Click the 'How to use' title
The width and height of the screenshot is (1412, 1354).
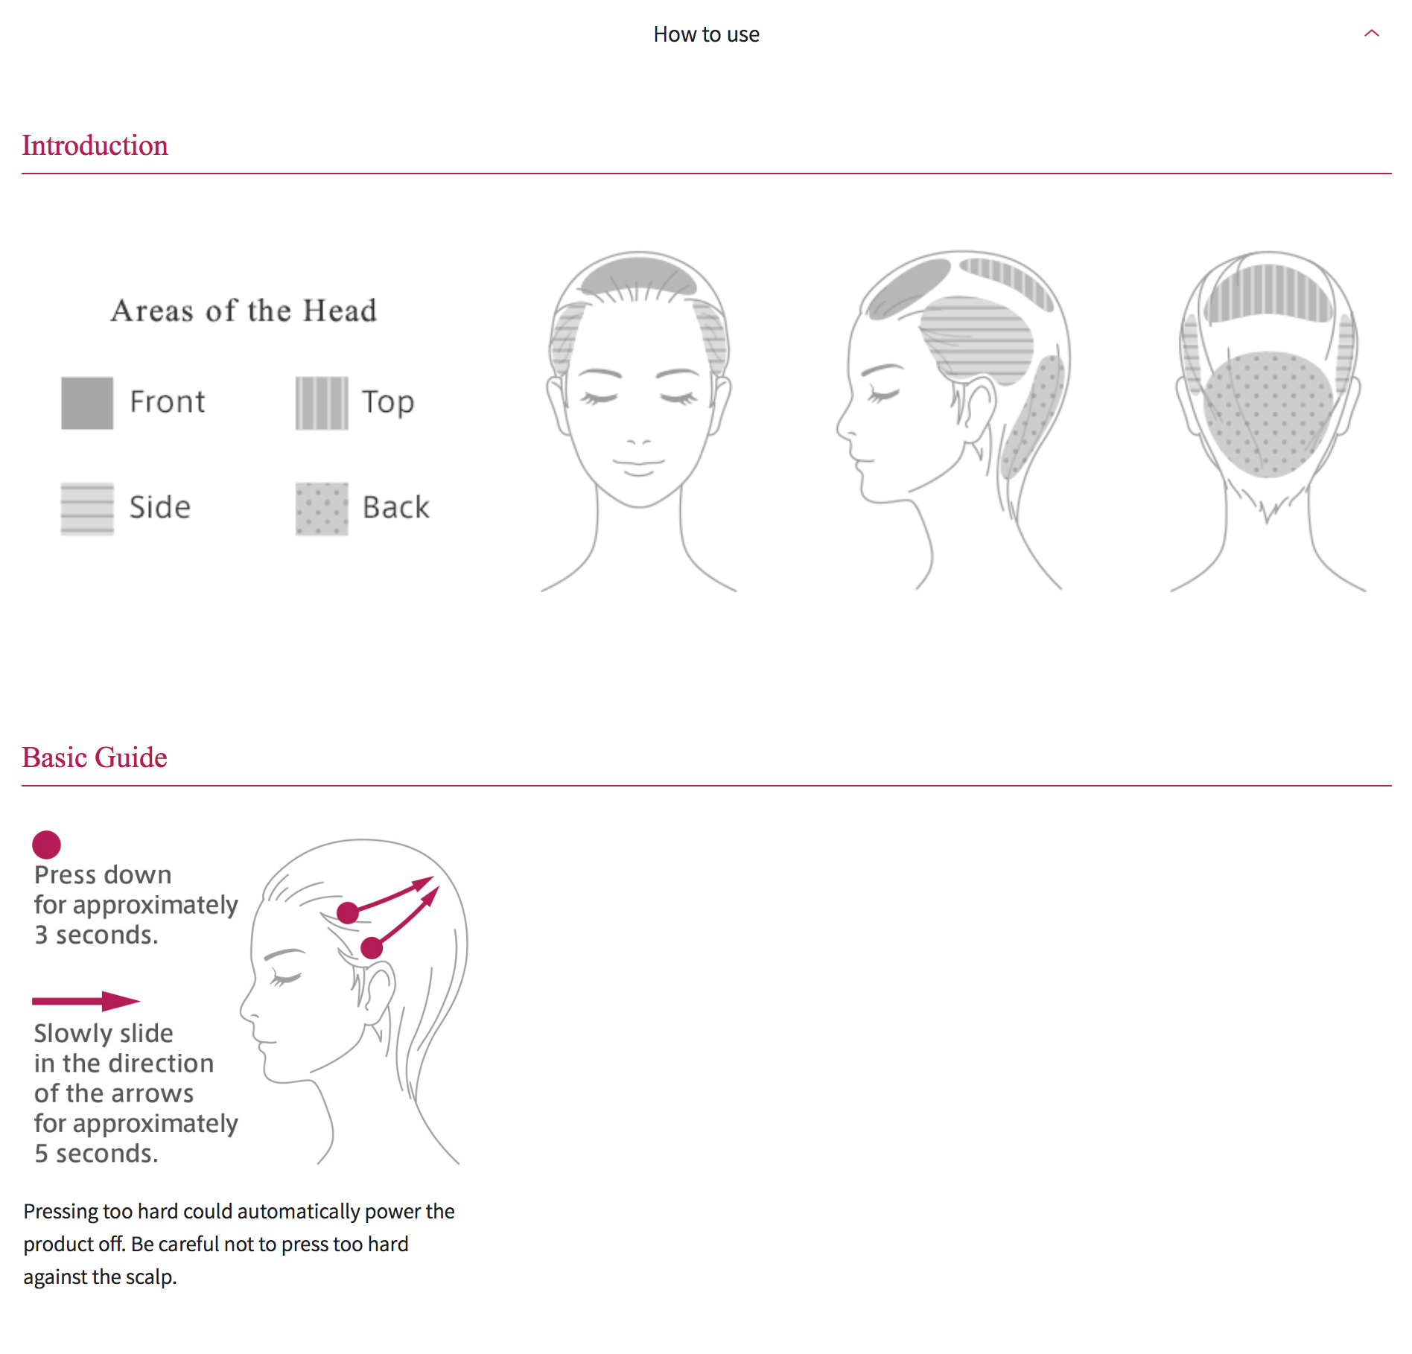click(706, 34)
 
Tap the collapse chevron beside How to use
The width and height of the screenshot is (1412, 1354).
click(1371, 34)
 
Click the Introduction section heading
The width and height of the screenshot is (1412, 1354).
click(95, 145)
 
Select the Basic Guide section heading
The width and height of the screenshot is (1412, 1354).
click(95, 757)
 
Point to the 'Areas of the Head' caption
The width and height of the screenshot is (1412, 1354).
click(244, 311)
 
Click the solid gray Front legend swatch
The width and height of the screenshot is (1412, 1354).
click(87, 403)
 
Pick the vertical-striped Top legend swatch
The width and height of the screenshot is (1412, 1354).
click(321, 403)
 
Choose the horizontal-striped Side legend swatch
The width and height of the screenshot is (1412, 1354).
click(87, 509)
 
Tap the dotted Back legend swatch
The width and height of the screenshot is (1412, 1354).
click(321, 509)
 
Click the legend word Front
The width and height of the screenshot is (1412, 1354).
click(167, 402)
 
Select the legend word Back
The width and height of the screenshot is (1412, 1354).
click(395, 508)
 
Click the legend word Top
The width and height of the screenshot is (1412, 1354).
click(387, 403)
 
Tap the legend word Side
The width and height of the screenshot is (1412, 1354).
click(160, 508)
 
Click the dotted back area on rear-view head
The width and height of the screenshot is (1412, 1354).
click(1268, 413)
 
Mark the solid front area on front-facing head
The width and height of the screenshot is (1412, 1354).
click(637, 275)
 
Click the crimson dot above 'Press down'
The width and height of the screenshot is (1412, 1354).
click(46, 845)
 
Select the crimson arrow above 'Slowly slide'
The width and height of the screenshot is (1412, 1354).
click(86, 1001)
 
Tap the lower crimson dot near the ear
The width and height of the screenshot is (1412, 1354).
click(372, 948)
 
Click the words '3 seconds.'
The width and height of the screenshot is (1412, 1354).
click(96, 935)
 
